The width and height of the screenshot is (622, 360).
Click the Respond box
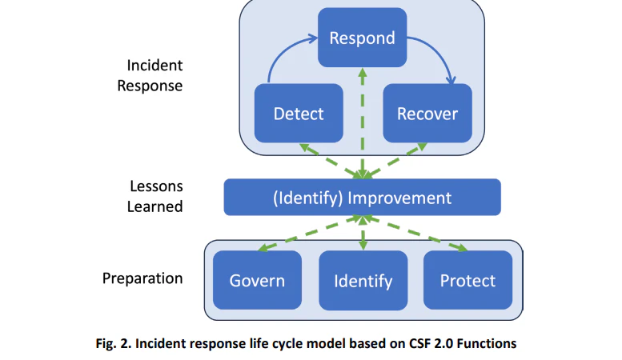362,38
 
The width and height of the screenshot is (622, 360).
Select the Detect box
299,114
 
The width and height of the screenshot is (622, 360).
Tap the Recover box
427,114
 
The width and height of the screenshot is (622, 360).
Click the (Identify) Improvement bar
362,198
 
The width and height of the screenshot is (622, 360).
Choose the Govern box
257,280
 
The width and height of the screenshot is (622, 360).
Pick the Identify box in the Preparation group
363,280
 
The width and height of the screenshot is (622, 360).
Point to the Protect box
468,280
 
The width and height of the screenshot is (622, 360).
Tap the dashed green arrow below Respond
362,123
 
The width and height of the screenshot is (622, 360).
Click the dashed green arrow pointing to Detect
331,161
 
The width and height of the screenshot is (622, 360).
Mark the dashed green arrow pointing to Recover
395,161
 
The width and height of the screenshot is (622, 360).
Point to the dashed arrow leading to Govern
310,234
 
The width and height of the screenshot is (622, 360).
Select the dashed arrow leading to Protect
415,234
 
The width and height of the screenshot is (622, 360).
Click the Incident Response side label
150,75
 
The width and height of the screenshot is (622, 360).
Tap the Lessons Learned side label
154,196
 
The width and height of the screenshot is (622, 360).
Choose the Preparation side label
142,278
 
